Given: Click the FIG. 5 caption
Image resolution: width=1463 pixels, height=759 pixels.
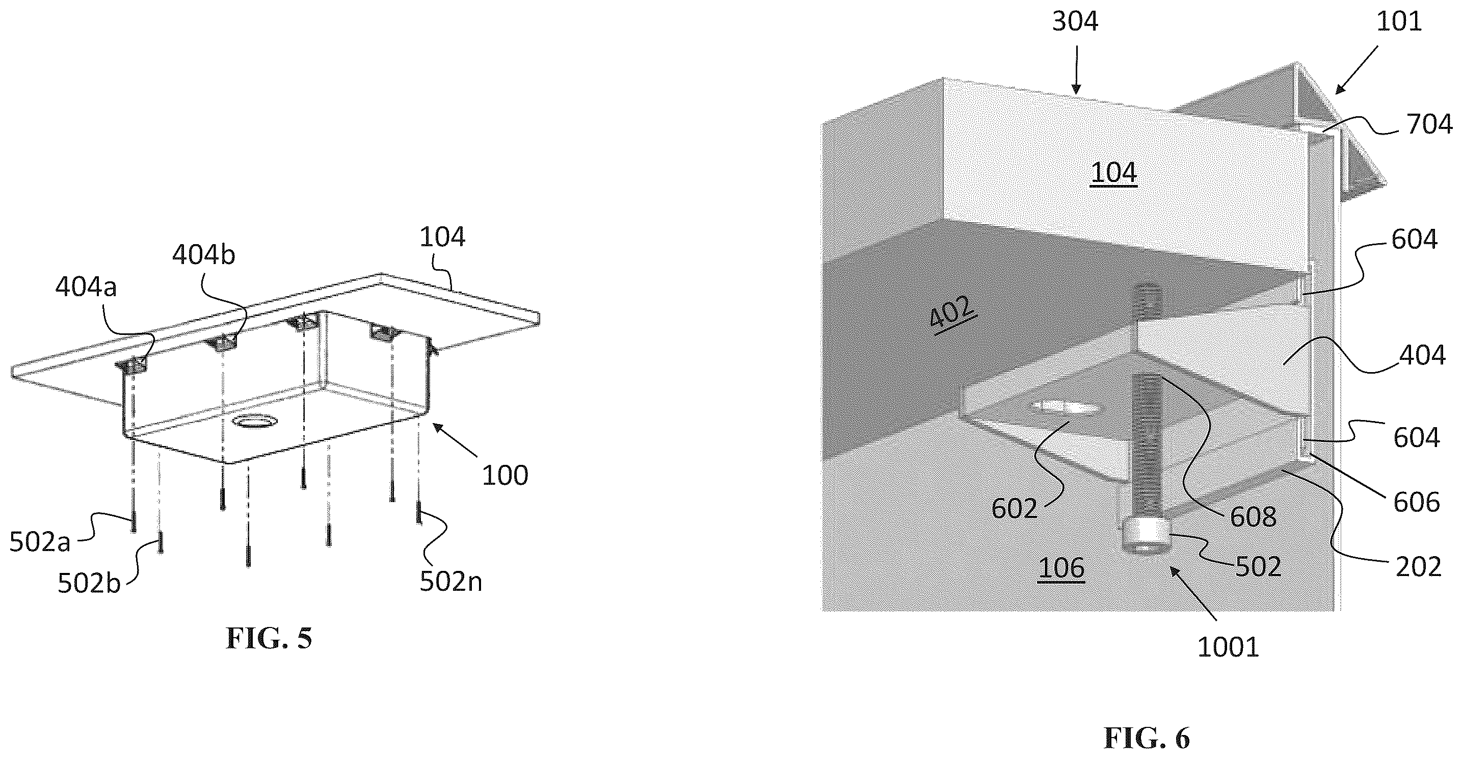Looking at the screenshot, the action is click(x=269, y=638).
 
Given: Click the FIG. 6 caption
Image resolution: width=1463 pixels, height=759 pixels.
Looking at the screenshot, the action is click(x=1147, y=738).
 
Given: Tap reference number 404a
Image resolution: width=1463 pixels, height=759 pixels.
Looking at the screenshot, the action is click(x=86, y=288).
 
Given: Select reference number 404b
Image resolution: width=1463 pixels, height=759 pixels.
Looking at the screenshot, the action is click(x=203, y=255).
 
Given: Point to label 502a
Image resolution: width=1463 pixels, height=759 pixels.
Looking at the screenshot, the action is click(x=40, y=542).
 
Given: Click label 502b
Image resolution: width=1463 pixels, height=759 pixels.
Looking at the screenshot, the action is click(x=89, y=584).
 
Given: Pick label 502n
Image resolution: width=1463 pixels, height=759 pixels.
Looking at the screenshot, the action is click(x=451, y=581).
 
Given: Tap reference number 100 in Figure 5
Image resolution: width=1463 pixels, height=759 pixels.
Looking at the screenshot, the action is click(x=505, y=475).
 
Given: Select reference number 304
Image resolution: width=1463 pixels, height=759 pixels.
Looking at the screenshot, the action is click(x=1075, y=21).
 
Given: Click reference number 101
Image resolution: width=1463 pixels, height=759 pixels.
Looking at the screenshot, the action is click(x=1399, y=21).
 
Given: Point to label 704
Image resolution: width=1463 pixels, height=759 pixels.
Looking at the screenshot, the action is click(x=1429, y=124).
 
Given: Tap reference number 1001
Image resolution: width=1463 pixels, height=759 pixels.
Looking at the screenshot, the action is click(x=1228, y=647).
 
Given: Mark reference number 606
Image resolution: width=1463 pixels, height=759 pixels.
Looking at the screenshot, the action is click(x=1417, y=502).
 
